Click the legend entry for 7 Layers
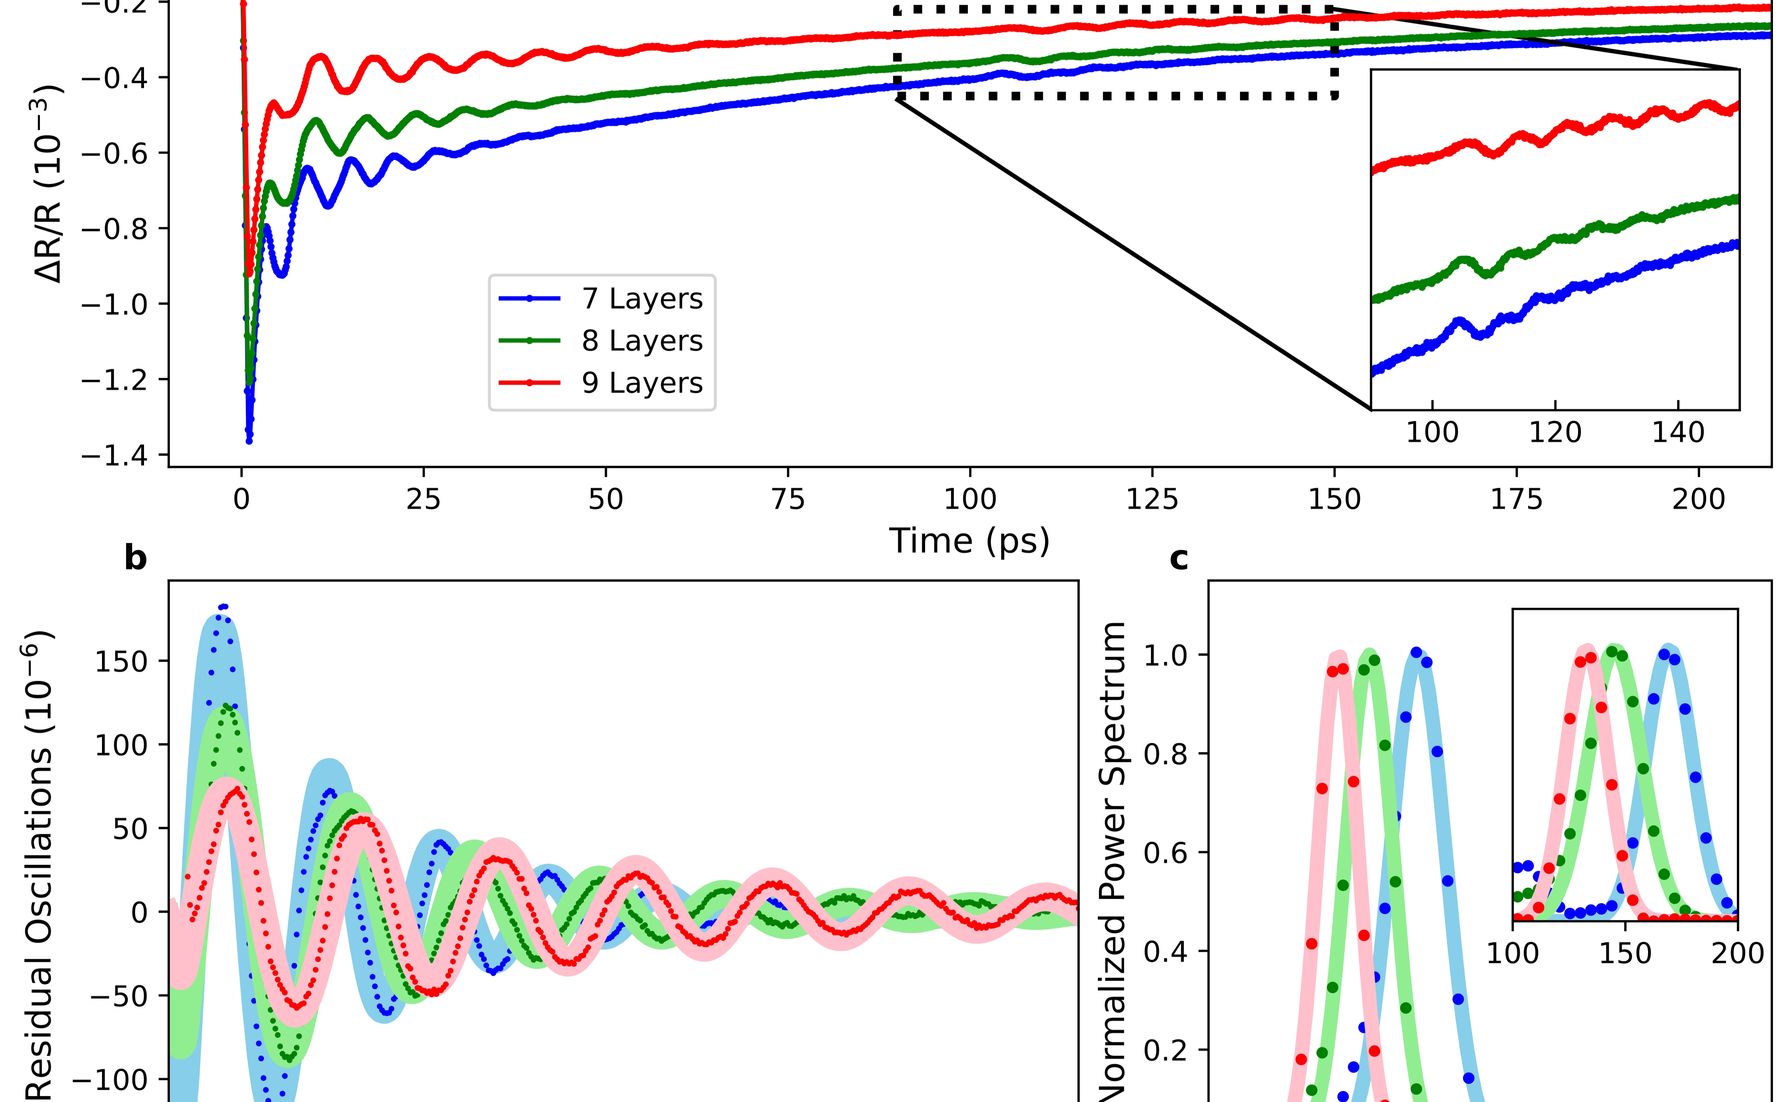641,299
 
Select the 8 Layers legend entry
641,341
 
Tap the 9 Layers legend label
641,383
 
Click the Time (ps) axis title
969,541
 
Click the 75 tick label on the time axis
788,500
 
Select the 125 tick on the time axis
1152,500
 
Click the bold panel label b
135,558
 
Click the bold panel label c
1178,558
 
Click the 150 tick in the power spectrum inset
1625,953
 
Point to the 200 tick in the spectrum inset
1737,953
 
